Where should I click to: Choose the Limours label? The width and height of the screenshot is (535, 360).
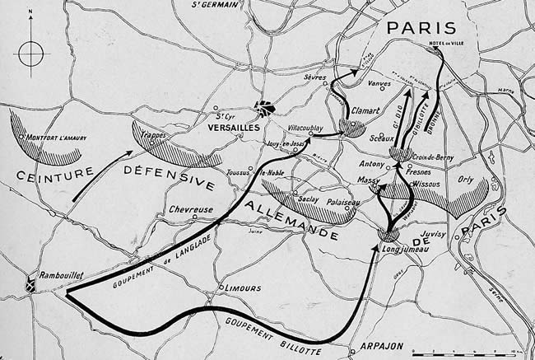243,288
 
